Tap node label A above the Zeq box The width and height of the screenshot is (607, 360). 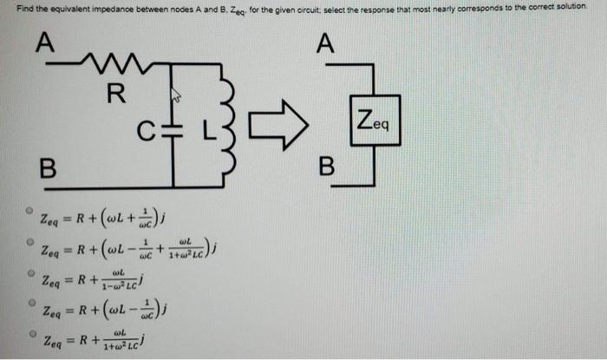[326, 43]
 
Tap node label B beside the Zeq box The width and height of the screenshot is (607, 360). [326, 167]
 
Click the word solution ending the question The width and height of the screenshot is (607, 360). [579, 7]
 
